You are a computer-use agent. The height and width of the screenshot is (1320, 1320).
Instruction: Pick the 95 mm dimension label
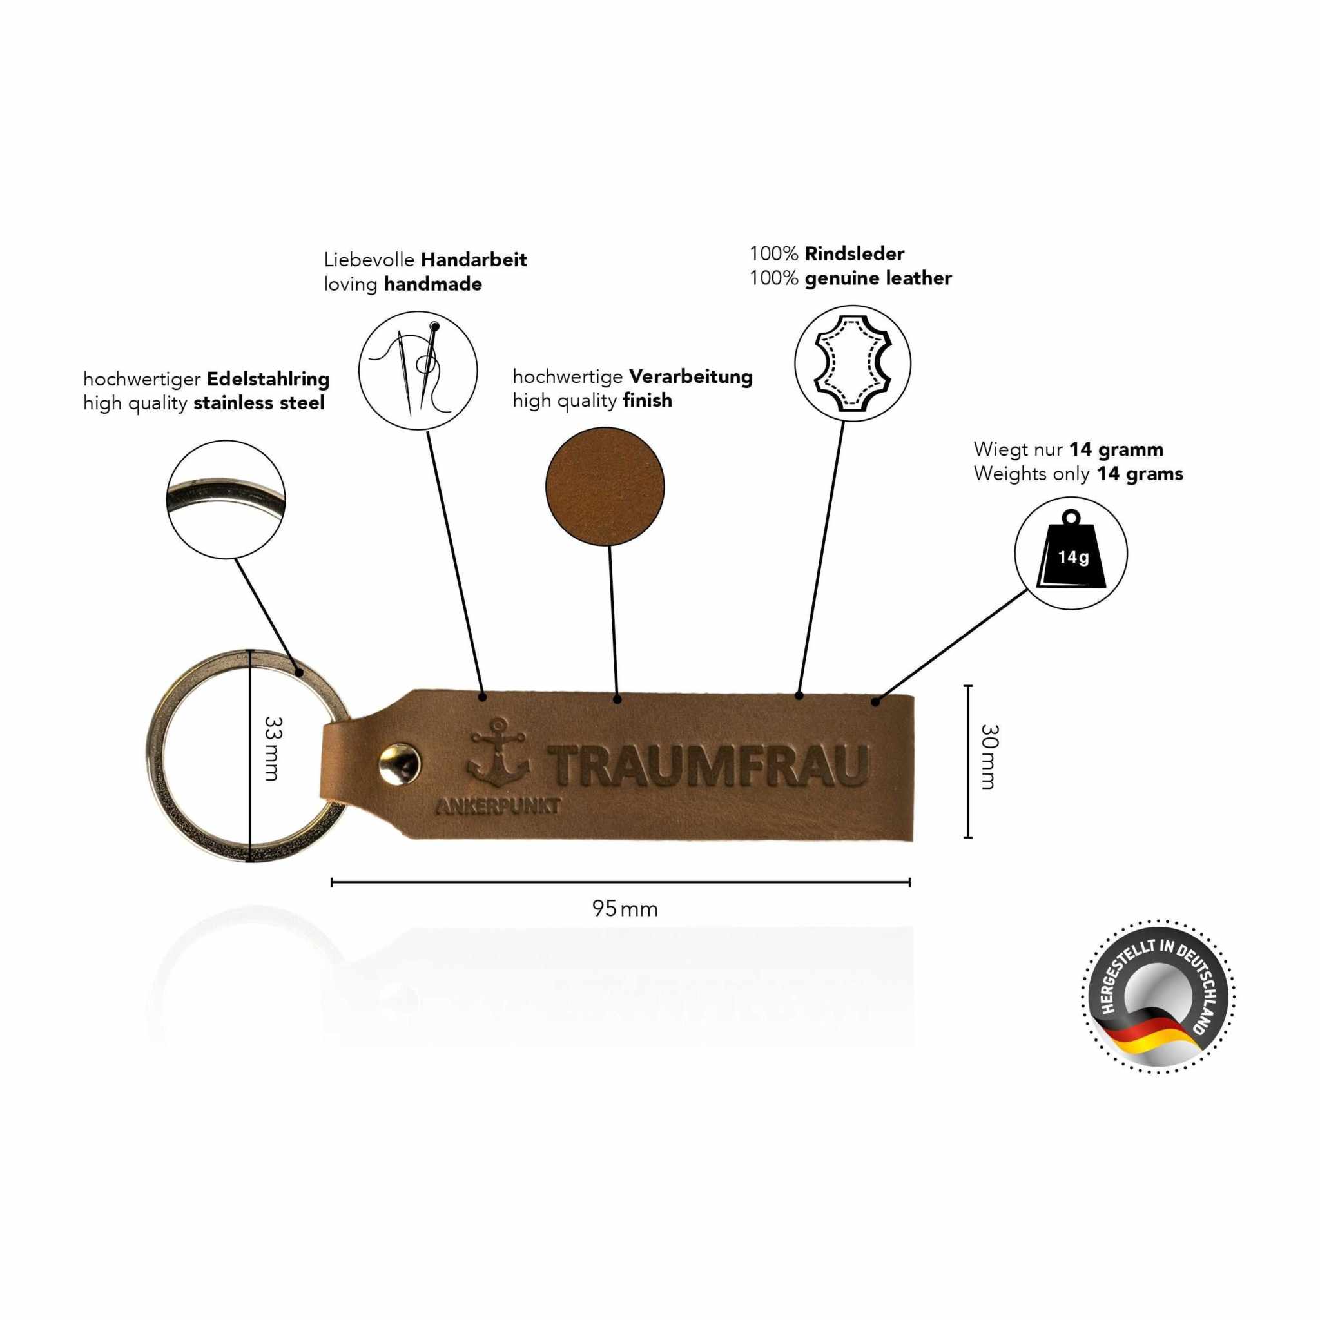pyautogui.click(x=625, y=909)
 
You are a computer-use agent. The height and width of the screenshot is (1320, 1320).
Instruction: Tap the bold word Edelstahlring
pyautogui.click(x=268, y=378)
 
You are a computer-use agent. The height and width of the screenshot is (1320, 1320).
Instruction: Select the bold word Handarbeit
pyautogui.click(x=474, y=260)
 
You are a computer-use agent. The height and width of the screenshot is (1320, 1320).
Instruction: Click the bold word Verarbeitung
pyautogui.click(x=690, y=376)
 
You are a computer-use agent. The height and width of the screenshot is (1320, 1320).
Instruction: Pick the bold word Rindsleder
pyautogui.click(x=854, y=253)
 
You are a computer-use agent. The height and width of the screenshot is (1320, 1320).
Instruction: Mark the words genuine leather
pyautogui.click(x=878, y=278)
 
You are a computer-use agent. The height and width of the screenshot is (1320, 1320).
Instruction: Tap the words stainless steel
pyautogui.click(x=259, y=403)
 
